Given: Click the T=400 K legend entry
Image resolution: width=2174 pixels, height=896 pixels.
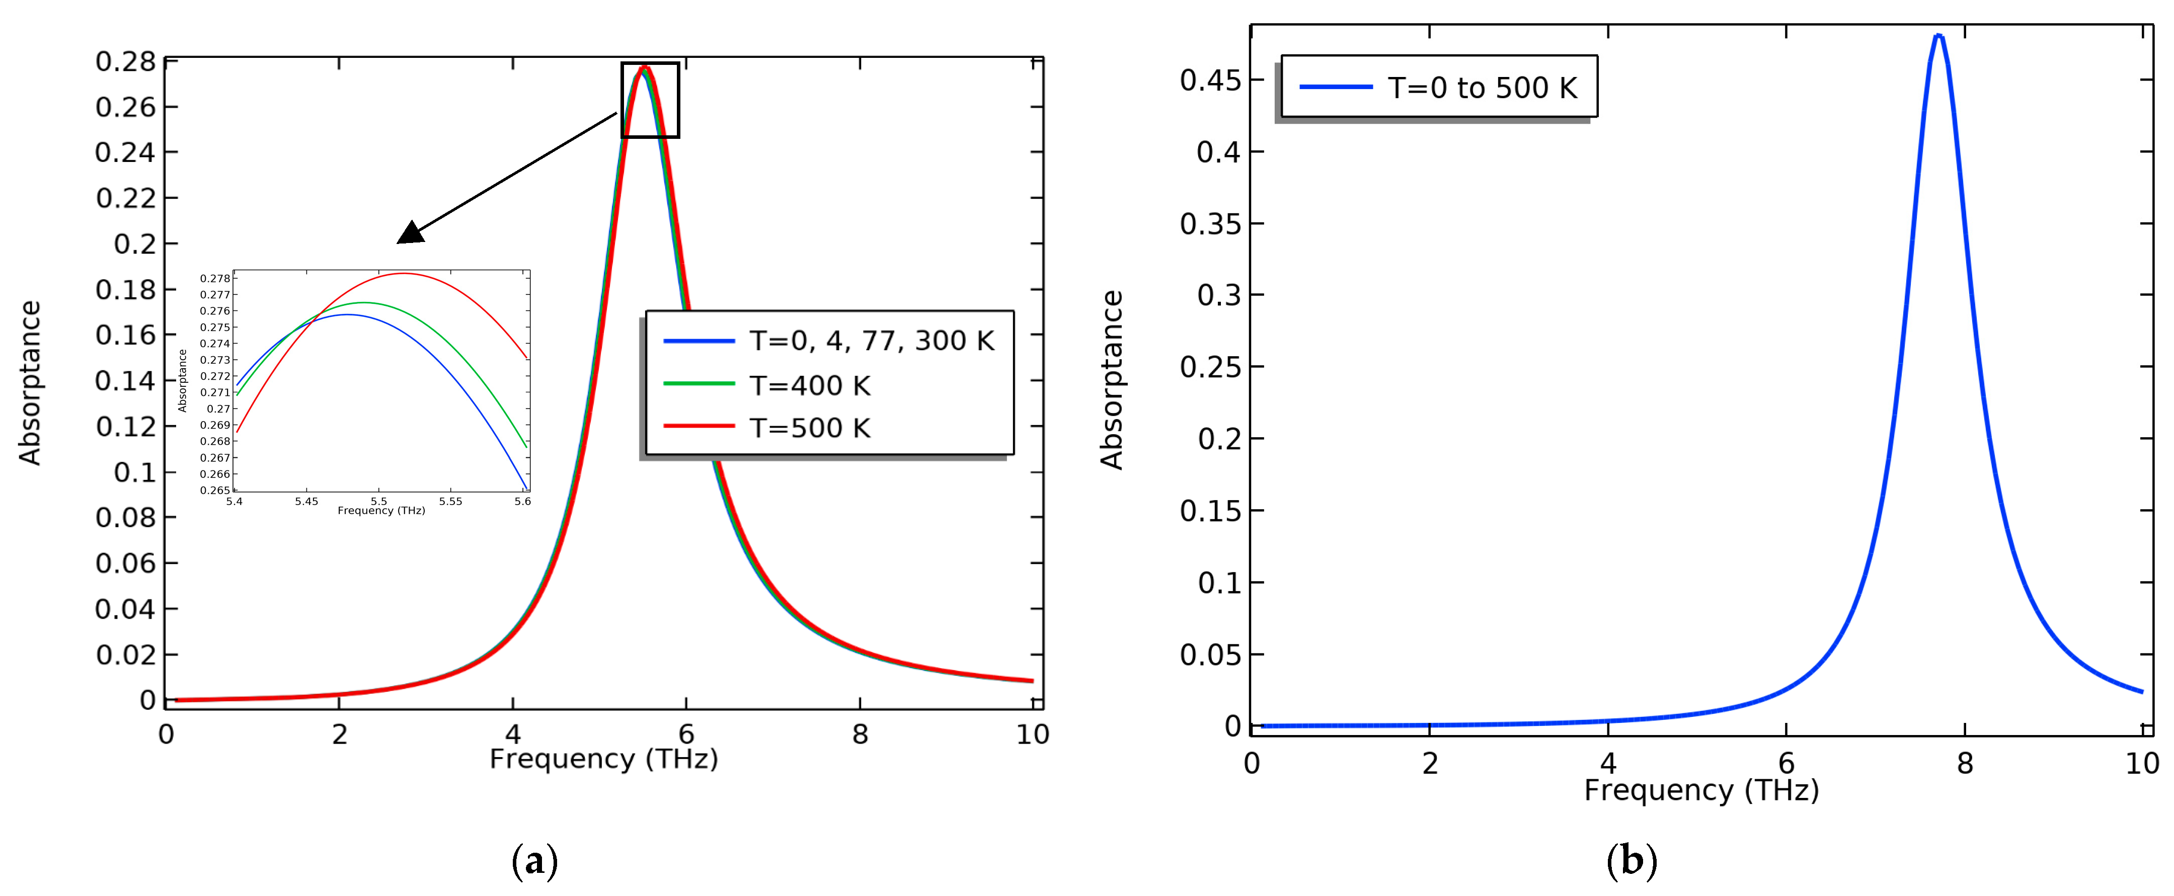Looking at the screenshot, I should (809, 385).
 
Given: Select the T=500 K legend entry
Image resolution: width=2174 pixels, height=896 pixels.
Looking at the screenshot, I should (809, 428).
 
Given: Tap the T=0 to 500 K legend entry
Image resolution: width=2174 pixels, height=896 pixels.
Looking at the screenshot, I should (1481, 88).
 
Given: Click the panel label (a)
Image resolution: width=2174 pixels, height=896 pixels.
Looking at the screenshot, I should (534, 861).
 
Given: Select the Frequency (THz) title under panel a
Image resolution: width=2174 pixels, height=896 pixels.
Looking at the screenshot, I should (603, 759).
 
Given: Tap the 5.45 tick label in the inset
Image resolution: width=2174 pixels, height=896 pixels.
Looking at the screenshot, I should (306, 501).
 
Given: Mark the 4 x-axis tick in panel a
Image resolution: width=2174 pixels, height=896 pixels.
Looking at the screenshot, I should (512, 734).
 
